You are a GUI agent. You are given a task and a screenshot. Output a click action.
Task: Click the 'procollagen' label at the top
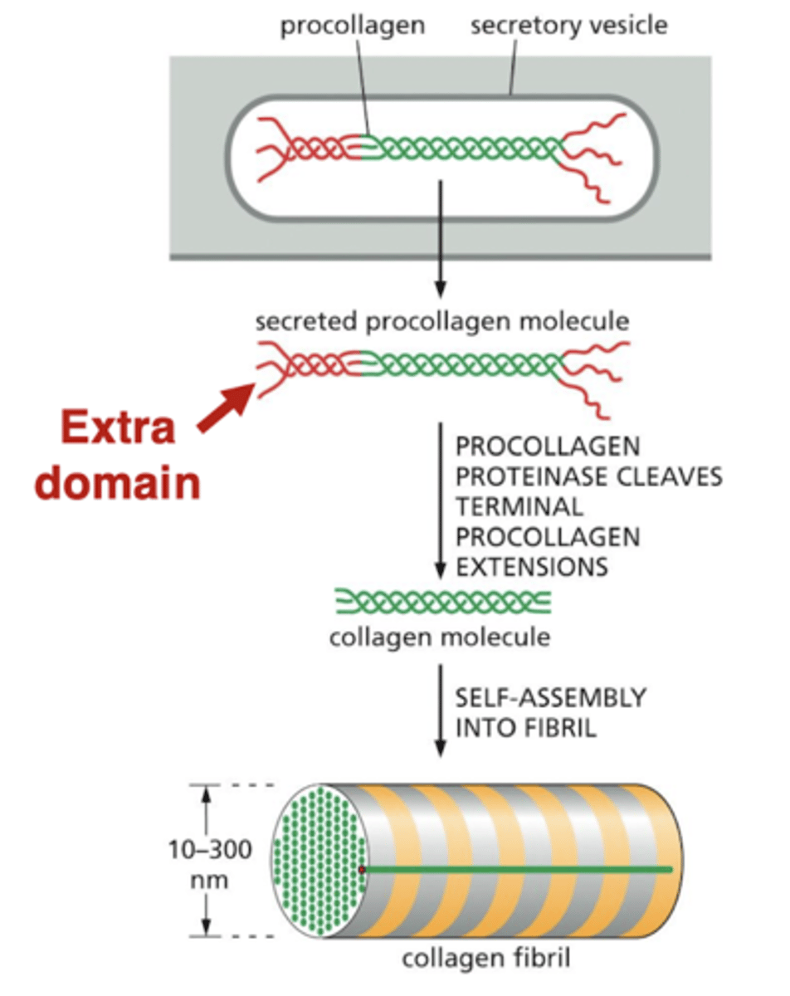352,26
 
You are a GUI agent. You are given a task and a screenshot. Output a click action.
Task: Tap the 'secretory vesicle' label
568,26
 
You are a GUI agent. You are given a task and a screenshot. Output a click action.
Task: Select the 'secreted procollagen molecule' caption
441,321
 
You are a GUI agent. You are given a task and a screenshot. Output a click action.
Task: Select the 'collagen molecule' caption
439,637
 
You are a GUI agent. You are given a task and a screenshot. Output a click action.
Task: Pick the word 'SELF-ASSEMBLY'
550,697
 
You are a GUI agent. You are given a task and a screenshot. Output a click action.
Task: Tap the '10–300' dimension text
210,851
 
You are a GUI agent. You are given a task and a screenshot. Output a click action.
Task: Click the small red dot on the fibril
363,869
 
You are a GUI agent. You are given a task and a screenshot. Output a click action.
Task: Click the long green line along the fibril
523,869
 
